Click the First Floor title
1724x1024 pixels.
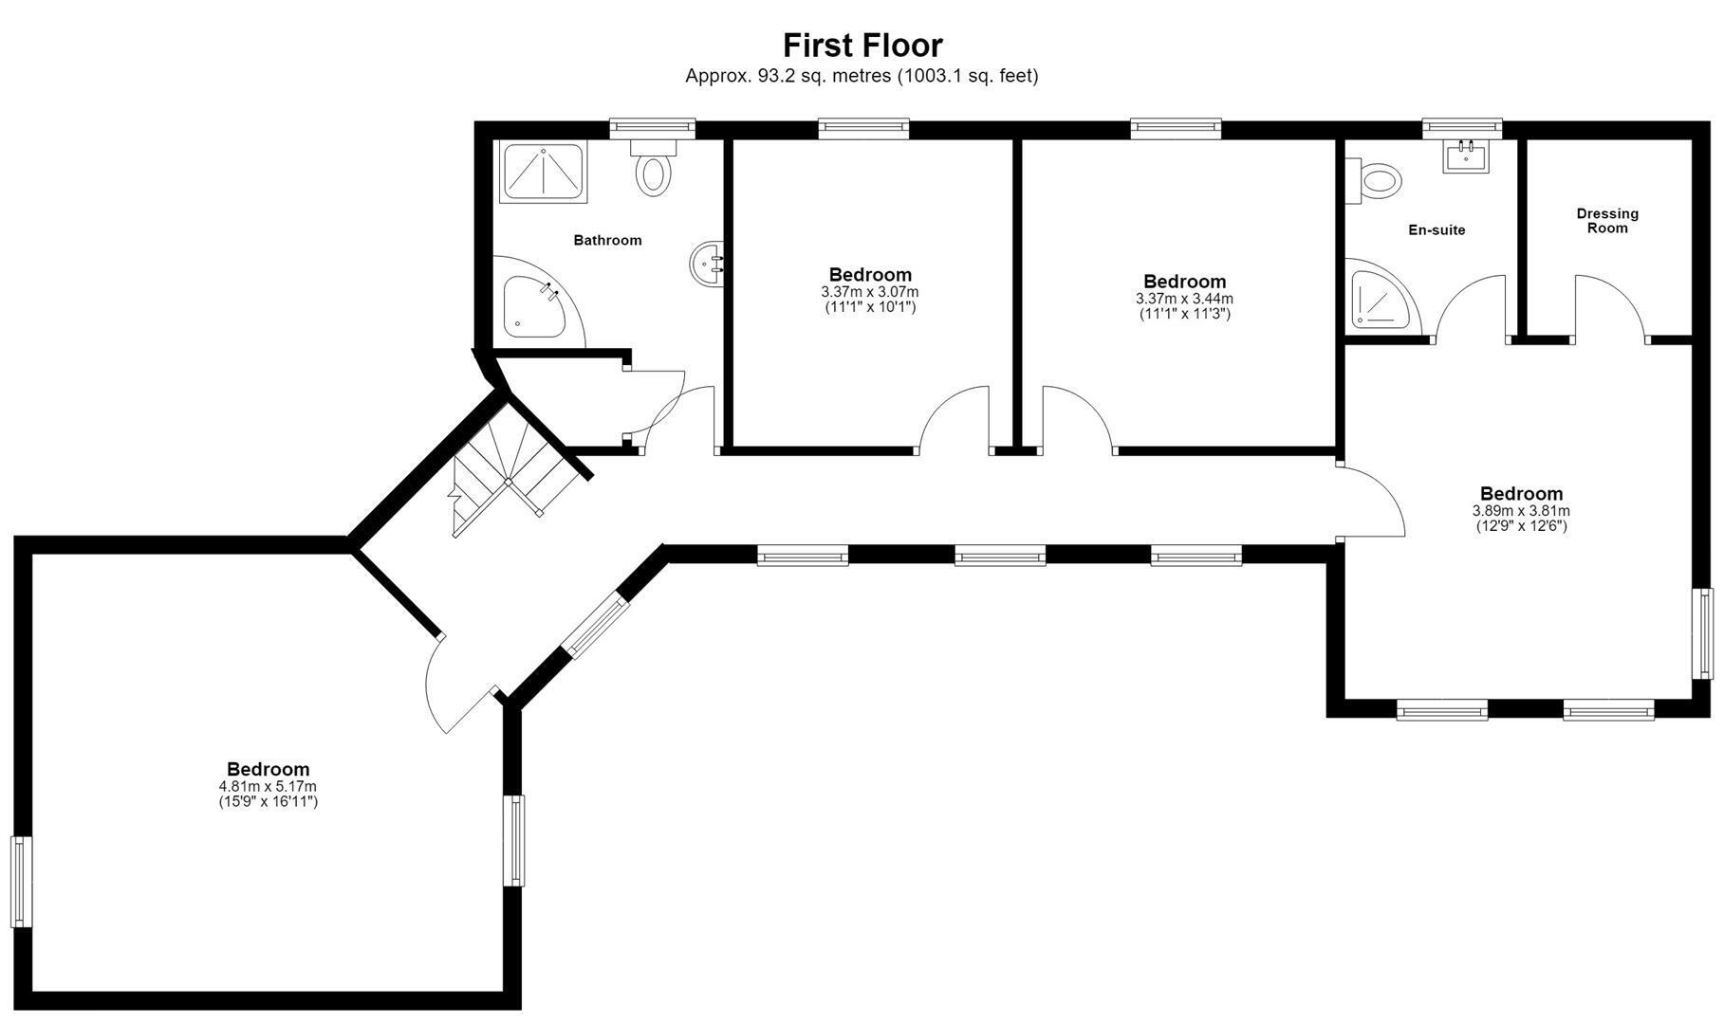pos(862,46)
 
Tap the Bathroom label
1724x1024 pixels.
pos(607,240)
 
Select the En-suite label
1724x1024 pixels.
pos(1437,229)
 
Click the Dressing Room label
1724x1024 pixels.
pos(1607,221)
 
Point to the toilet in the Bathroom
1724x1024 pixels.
pos(653,168)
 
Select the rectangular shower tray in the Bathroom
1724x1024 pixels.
pos(544,172)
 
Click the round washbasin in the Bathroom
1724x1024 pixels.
pos(709,263)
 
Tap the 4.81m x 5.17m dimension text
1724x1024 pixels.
pos(268,786)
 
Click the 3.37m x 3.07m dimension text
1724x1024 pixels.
pos(870,292)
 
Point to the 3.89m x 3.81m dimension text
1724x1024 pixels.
pos(1521,510)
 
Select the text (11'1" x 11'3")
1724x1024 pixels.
pos(1184,314)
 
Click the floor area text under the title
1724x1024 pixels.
pos(862,76)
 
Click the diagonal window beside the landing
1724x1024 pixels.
pos(596,625)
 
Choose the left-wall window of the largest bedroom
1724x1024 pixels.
pos(21,881)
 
